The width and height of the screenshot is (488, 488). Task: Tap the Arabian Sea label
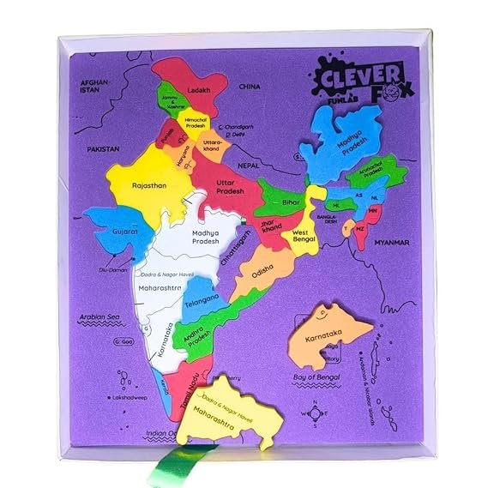(x=97, y=316)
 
